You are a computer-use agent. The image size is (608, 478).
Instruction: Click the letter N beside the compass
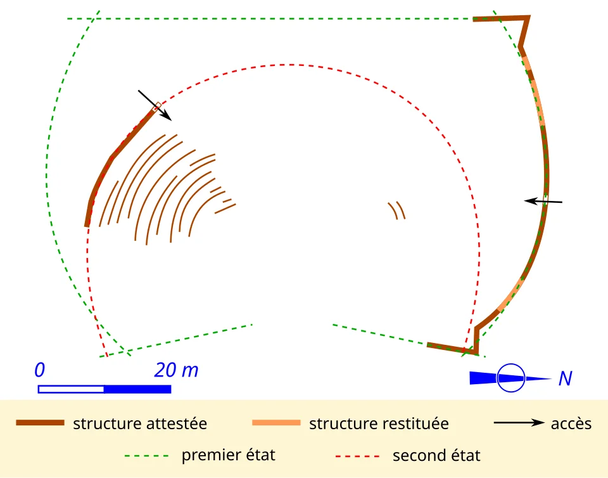pos(566,378)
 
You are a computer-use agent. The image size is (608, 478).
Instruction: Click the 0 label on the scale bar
pos(39,370)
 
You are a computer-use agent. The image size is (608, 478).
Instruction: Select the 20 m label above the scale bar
pos(177,370)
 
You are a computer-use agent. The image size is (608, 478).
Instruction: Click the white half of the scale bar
pos(71,389)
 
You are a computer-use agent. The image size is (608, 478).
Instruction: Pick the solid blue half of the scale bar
pos(137,389)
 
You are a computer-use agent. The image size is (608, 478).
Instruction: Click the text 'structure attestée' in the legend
pos(140,423)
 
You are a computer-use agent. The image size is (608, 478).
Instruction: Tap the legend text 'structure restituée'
pos(379,423)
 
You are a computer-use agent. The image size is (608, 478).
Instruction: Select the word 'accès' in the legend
pos(571,423)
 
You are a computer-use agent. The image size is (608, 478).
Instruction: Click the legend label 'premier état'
pos(229,455)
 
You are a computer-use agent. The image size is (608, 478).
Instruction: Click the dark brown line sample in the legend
pos(40,422)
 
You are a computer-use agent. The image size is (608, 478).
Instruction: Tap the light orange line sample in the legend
pos(277,422)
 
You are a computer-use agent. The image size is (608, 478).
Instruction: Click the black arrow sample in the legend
pos(519,422)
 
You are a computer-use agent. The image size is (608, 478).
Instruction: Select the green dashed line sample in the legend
pos(146,456)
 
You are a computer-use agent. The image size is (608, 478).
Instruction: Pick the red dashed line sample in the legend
pos(357,456)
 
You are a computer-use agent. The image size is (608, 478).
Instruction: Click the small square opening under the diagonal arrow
pos(157,106)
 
